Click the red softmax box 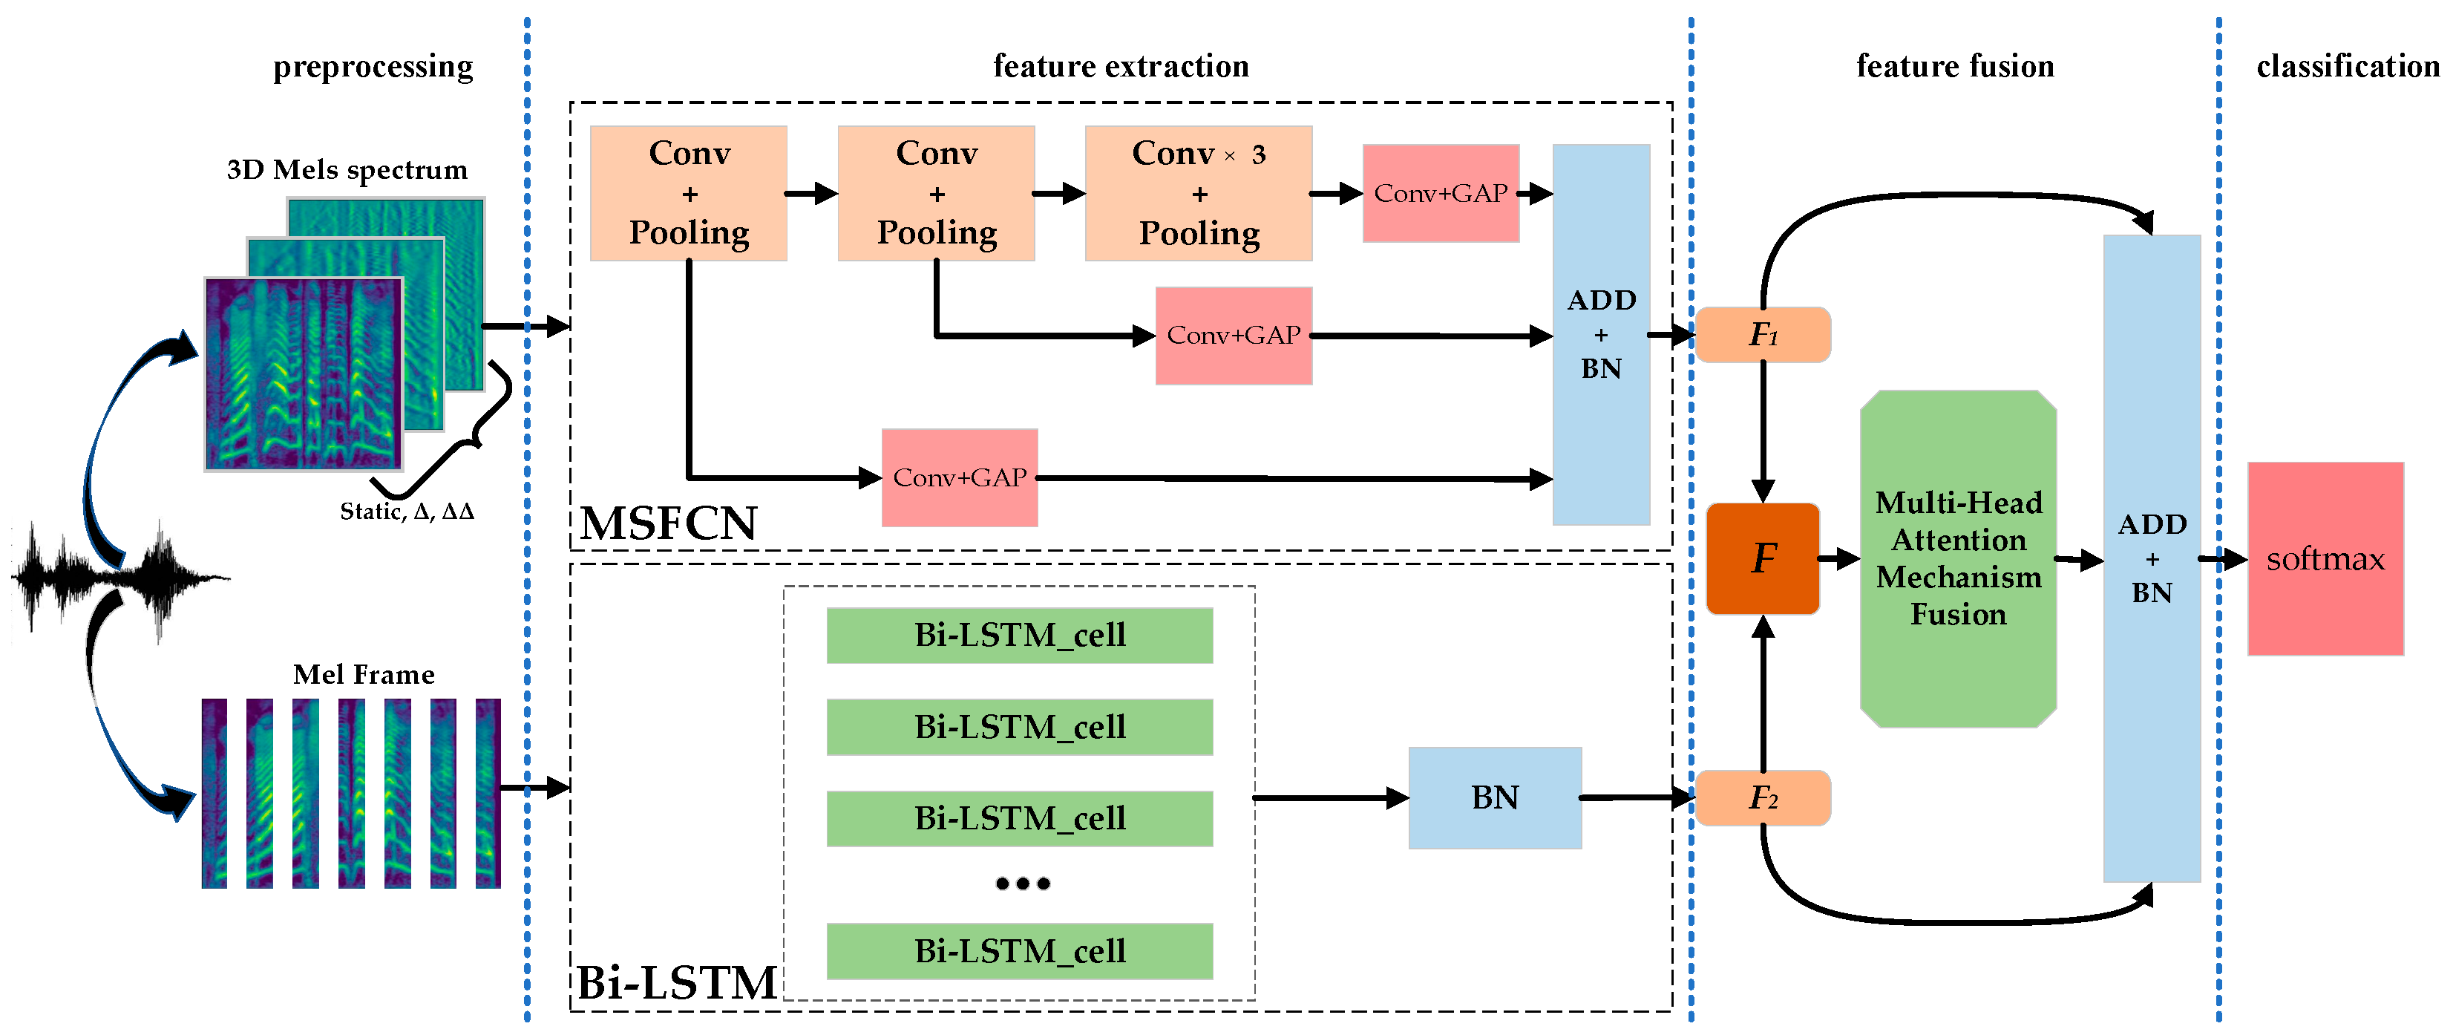[2325, 559]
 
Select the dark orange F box [1763, 559]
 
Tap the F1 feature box [1763, 334]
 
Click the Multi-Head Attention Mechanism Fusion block [1958, 559]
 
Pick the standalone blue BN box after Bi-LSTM [1494, 797]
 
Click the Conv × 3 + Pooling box [1198, 193]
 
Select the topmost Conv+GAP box [1440, 193]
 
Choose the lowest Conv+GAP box [959, 477]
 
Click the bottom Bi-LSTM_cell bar [1019, 950]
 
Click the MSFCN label [669, 523]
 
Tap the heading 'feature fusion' [1954, 67]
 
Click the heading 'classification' [2348, 67]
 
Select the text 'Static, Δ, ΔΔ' [407, 512]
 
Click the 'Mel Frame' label [364, 674]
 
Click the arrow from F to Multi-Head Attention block [1838, 559]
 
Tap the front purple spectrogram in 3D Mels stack [303, 374]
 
